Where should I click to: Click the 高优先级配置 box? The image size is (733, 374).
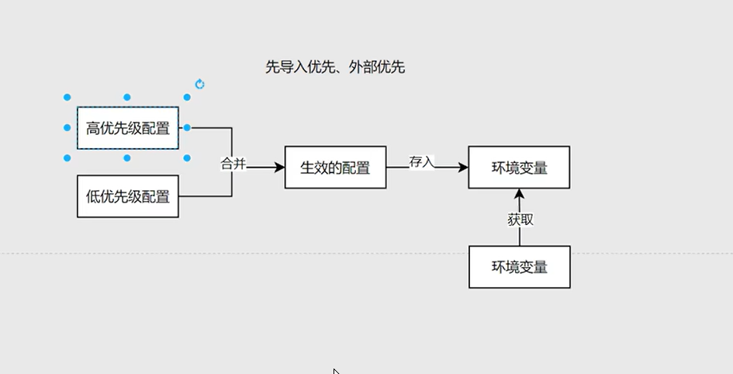click(x=128, y=128)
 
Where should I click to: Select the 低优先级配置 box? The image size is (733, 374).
click(x=128, y=196)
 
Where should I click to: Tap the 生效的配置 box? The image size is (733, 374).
click(x=335, y=167)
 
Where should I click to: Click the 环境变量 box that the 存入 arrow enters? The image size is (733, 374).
click(x=519, y=167)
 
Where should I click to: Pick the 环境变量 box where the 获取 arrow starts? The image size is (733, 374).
click(x=519, y=267)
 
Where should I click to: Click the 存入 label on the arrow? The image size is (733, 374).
click(x=422, y=161)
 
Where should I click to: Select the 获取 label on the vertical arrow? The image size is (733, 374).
click(x=520, y=220)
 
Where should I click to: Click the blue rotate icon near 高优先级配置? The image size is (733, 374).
click(x=200, y=84)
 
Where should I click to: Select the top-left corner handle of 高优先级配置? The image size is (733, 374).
click(x=67, y=98)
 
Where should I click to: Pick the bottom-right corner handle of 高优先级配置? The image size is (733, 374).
click(x=187, y=158)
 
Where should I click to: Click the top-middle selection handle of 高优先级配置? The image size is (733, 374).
click(x=127, y=98)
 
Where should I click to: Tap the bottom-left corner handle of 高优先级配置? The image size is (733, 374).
click(x=67, y=158)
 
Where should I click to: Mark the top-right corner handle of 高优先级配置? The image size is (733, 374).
click(x=187, y=98)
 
